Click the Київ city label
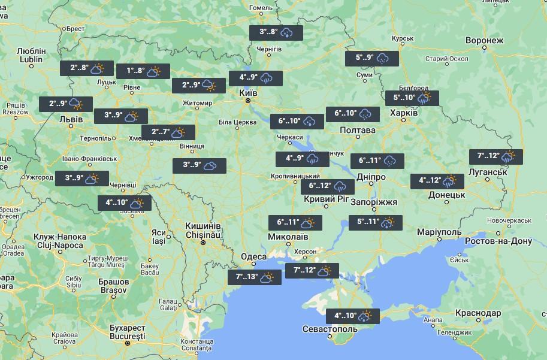(x=248, y=93)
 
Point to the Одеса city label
(x=253, y=257)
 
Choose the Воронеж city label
(x=483, y=41)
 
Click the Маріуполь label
(x=439, y=232)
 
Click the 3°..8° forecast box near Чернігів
(x=276, y=32)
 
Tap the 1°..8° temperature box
(x=143, y=71)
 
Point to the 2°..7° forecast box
(x=168, y=132)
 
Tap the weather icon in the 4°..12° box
(x=449, y=180)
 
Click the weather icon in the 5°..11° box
(x=388, y=222)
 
